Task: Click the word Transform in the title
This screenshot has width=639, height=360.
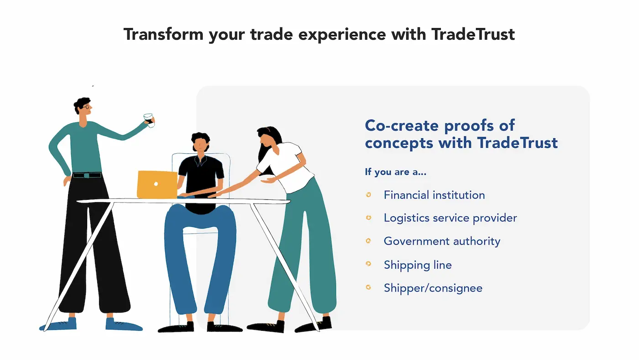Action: point(163,34)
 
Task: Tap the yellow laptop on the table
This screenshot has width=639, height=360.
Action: point(157,185)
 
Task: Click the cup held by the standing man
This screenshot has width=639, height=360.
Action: point(149,120)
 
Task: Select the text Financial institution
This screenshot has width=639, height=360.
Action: point(434,195)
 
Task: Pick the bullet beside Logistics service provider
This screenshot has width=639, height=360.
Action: point(369,218)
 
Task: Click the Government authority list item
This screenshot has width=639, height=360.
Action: point(442,241)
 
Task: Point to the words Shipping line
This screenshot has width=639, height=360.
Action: point(418,265)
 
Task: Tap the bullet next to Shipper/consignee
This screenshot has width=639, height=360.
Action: point(369,287)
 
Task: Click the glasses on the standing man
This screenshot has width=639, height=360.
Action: point(86,107)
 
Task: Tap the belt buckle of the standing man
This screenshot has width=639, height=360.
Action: point(86,175)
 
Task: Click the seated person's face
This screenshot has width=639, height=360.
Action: point(200,145)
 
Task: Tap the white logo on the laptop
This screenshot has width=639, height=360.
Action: point(156,184)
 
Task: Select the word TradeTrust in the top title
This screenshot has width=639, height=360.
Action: point(473,34)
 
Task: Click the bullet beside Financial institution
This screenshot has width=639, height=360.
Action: point(369,194)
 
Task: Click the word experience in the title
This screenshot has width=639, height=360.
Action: point(342,35)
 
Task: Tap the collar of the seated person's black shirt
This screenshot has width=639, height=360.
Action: point(200,160)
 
